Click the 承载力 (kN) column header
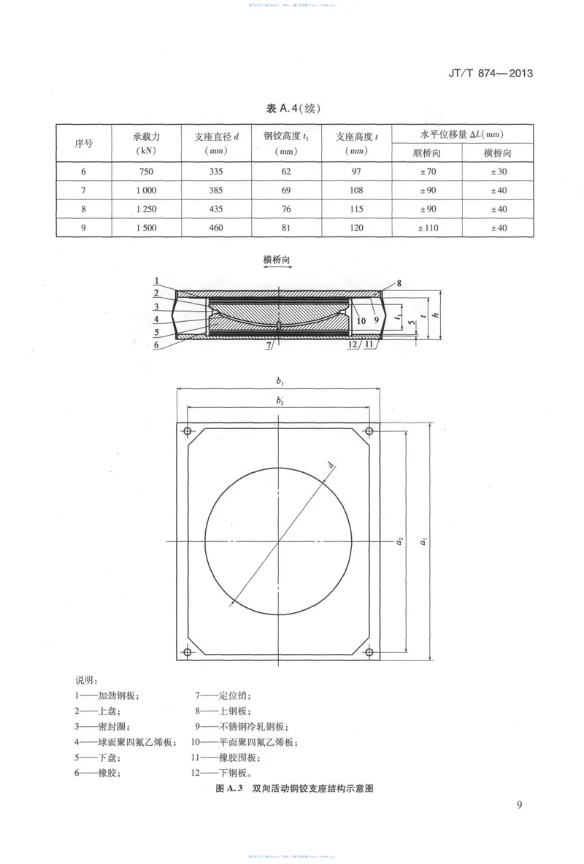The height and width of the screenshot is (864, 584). [146, 143]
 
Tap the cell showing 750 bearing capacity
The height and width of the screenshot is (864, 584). [146, 171]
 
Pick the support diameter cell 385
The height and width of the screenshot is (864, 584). [215, 190]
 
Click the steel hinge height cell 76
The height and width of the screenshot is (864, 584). [285, 209]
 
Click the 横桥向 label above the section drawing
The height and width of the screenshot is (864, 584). [277, 259]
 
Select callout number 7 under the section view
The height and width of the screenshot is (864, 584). [269, 344]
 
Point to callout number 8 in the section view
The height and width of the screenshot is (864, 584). [400, 283]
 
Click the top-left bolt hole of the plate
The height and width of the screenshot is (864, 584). [188, 430]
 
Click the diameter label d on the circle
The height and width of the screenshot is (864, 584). [330, 465]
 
